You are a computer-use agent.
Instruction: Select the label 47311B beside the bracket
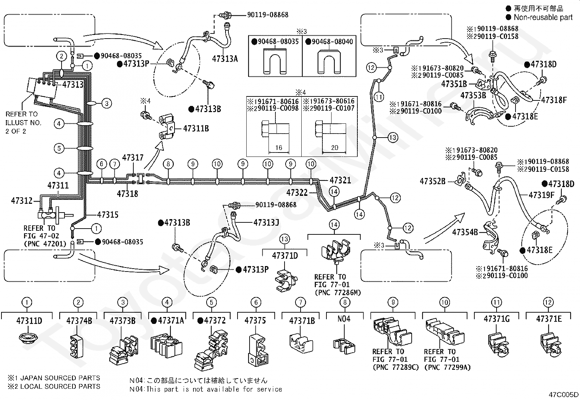pos(196,128)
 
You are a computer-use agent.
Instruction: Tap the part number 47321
pos(340,180)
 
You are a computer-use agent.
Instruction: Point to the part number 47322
pos(297,193)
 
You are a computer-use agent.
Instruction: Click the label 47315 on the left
pos(107,215)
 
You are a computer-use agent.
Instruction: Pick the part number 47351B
pos(454,84)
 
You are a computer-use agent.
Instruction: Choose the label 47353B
pos(473,95)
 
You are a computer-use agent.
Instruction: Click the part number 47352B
pos(432,181)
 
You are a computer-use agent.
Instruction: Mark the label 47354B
pos(465,232)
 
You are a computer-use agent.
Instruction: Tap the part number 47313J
pos(266,222)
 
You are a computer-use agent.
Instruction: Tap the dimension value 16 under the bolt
pos(279,148)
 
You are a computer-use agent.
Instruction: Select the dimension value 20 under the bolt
pos(334,148)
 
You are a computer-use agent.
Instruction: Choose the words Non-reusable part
pos(543,17)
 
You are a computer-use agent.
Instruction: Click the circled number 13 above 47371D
pos(285,239)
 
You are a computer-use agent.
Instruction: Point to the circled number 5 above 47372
pos(211,302)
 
